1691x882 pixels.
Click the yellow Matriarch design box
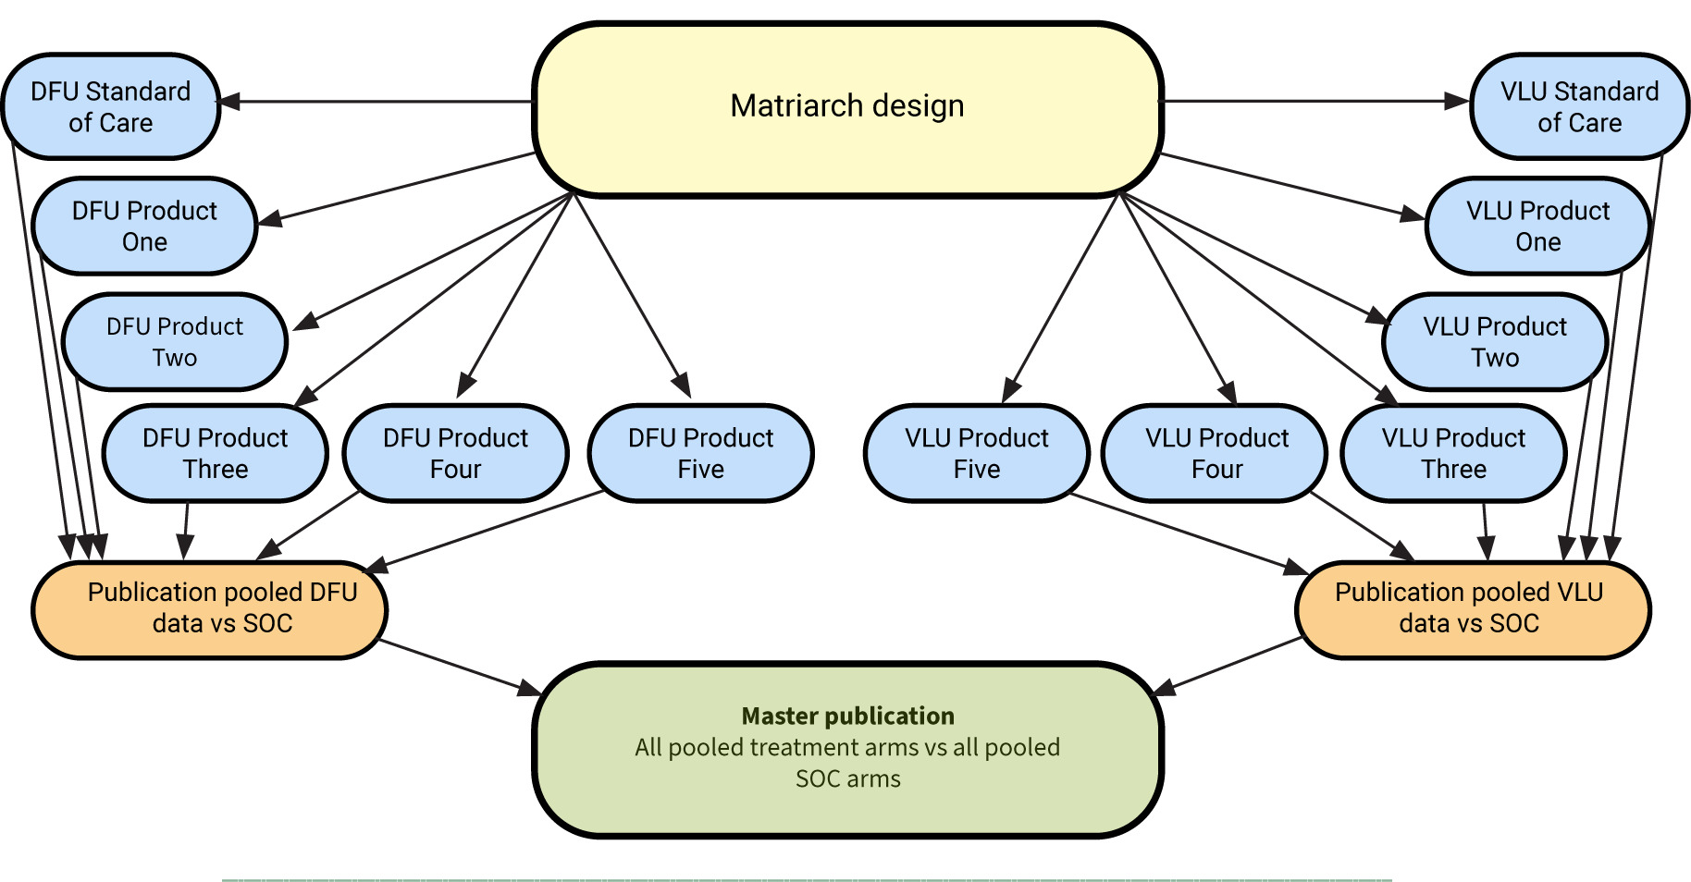847,109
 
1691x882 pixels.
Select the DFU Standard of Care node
111,106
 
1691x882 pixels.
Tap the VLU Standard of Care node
1579,106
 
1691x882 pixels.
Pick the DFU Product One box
144,226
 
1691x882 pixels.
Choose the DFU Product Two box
175,341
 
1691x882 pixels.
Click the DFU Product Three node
215,453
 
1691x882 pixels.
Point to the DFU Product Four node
455,453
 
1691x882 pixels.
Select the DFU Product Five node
700,453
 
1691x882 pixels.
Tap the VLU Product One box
1537,226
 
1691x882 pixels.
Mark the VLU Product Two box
1495,341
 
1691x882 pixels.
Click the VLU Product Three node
1453,453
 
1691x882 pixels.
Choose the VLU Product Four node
1216,453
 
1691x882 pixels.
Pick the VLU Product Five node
977,453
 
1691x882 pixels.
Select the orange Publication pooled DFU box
210,609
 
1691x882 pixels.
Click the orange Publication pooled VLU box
1473,609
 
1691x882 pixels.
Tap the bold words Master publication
847,716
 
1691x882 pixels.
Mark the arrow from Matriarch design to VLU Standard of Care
1314,102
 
